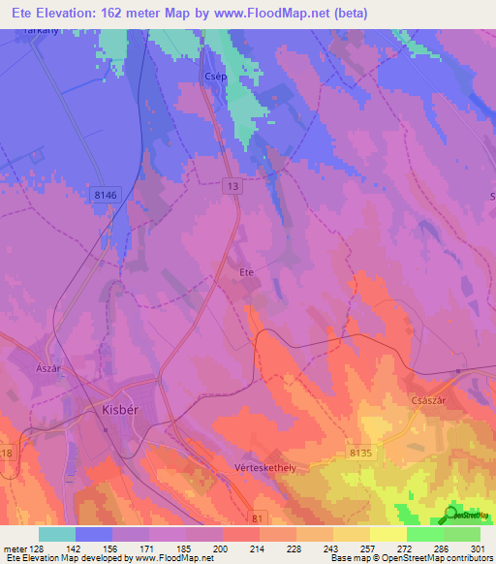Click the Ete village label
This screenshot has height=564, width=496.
pyautogui.click(x=246, y=272)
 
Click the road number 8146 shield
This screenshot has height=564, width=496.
pyautogui.click(x=106, y=195)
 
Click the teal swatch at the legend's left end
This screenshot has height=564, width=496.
pyautogui.click(x=57, y=534)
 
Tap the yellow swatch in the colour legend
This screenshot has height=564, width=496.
pyautogui.click(x=387, y=534)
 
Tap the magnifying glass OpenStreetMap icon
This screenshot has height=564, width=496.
pyautogui.click(x=448, y=515)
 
